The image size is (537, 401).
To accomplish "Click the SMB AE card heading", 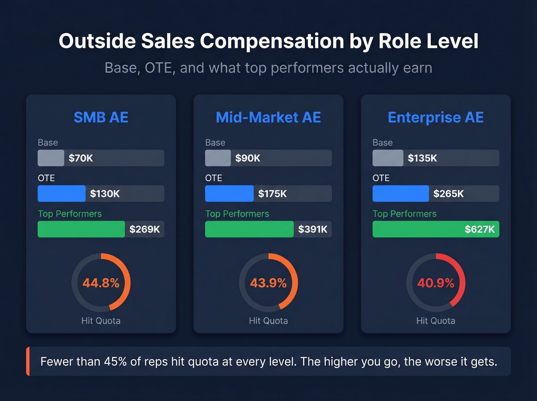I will (x=101, y=117).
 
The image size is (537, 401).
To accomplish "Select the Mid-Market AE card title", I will (x=268, y=117).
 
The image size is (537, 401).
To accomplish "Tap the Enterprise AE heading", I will (x=435, y=117).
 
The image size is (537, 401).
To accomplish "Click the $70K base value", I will (x=81, y=158).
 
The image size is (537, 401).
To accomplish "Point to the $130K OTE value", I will (x=105, y=194).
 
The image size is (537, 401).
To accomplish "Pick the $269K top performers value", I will (x=144, y=229).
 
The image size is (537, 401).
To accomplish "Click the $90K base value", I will (x=248, y=158).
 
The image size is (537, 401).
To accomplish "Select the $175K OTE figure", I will (x=272, y=194).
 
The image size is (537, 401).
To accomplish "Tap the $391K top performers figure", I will (x=313, y=229).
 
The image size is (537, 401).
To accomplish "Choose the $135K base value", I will (x=422, y=158).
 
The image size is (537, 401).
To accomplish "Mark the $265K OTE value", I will (x=448, y=194).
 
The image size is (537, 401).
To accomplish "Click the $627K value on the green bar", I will (x=479, y=229).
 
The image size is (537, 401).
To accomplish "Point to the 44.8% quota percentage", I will (x=101, y=283).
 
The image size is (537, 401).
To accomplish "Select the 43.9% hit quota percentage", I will (x=268, y=283).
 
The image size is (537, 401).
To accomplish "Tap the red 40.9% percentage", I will (x=436, y=283).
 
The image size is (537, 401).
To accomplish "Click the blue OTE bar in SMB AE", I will (x=61, y=194).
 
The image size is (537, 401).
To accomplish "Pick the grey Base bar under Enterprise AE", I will (x=388, y=158).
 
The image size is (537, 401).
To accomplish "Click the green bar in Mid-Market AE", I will (x=249, y=229).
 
